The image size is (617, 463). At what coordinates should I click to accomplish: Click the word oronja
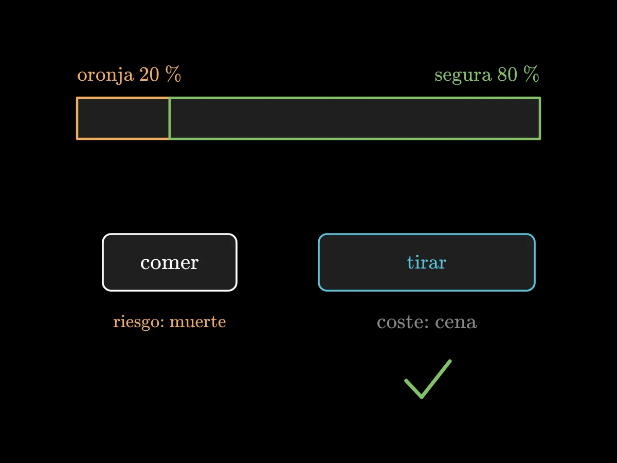[x=105, y=75]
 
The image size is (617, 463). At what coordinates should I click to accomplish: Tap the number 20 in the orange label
[x=149, y=75]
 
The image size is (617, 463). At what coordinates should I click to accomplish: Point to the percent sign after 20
[x=173, y=74]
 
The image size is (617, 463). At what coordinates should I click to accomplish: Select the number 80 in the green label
[x=507, y=75]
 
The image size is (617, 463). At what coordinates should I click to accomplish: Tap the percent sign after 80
[x=531, y=74]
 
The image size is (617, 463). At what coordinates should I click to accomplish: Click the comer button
[x=170, y=262]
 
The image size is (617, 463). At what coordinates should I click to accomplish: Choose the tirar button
[x=427, y=262]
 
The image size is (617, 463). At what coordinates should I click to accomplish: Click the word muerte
[x=197, y=322]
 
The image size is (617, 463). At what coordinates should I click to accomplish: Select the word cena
[x=456, y=323]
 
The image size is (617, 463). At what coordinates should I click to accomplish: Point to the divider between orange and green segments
[x=169, y=118]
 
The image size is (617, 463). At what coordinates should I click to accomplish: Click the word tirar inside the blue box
[x=427, y=262]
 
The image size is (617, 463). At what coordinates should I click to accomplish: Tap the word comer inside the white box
[x=170, y=263]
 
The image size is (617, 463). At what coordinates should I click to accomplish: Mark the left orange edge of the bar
[x=77, y=118]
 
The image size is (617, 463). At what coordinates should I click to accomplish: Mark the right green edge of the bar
[x=540, y=118]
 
